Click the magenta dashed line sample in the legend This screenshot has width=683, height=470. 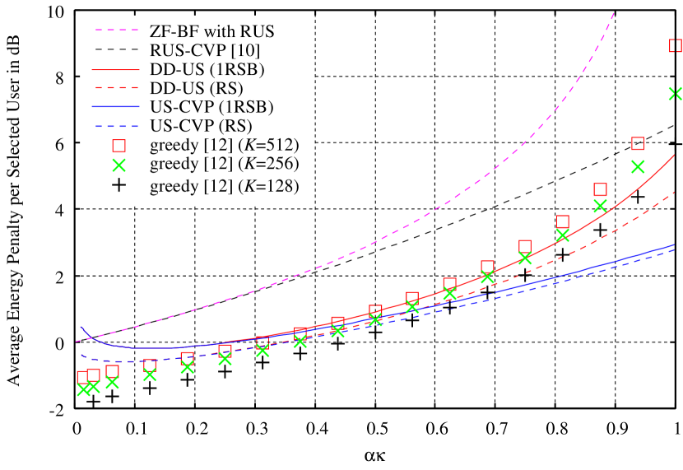pyautogui.click(x=116, y=30)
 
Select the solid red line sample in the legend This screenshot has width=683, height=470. pyautogui.click(x=116, y=70)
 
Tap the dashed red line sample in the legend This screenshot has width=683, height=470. pyautogui.click(x=116, y=87)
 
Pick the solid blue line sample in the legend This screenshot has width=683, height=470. pyautogui.click(x=116, y=107)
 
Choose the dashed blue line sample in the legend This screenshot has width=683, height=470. pyautogui.click(x=116, y=127)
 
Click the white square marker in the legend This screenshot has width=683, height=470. pyautogui.click(x=118, y=146)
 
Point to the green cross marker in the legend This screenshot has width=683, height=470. pyautogui.click(x=118, y=165)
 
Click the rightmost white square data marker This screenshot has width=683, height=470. pyautogui.click(x=676, y=45)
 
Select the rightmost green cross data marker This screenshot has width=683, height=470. pyautogui.click(x=676, y=94)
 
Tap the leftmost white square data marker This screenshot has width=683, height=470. pyautogui.click(x=83, y=377)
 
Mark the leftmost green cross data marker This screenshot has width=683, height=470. pyautogui.click(x=83, y=390)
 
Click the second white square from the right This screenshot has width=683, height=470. pyautogui.click(x=638, y=143)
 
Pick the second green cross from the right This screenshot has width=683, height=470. pyautogui.click(x=638, y=166)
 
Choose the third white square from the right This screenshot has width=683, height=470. pyautogui.click(x=600, y=189)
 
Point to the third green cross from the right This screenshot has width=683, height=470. pyautogui.click(x=600, y=206)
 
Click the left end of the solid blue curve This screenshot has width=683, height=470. pyautogui.click(x=81, y=327)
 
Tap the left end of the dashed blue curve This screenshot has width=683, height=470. pyautogui.click(x=81, y=355)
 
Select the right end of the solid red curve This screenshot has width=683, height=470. pyautogui.click(x=674, y=155)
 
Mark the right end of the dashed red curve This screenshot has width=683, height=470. pyautogui.click(x=674, y=193)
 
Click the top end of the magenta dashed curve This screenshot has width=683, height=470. pyautogui.click(x=614, y=13)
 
